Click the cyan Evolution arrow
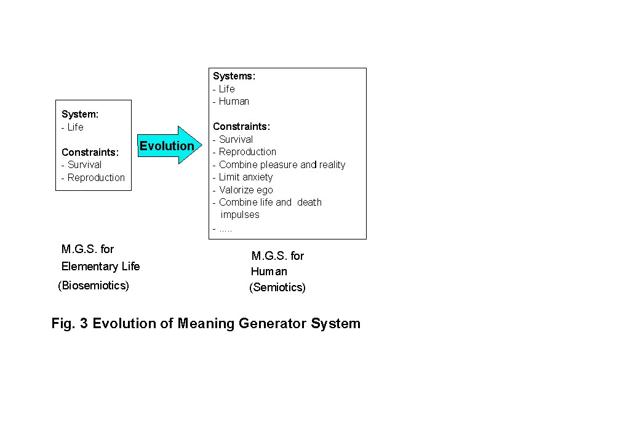click(169, 145)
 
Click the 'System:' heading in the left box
click(80, 114)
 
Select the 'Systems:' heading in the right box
click(234, 76)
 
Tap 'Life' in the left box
click(75, 127)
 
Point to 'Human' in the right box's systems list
click(234, 102)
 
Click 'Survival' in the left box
click(84, 165)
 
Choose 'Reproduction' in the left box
click(96, 178)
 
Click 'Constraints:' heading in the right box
click(241, 127)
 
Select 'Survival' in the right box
click(236, 140)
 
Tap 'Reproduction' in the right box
click(247, 152)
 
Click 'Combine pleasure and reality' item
click(282, 165)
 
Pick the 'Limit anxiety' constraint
click(245, 177)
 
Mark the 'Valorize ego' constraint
click(246, 190)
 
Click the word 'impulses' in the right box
click(240, 215)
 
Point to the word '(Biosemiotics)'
click(94, 286)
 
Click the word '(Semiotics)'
click(277, 288)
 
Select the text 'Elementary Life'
click(100, 267)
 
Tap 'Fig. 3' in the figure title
click(70, 324)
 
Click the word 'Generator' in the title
click(273, 324)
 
